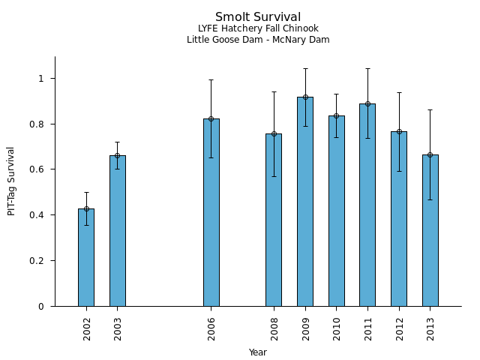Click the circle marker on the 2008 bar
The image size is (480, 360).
[274, 133]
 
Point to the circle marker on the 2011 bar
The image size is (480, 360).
[367, 103]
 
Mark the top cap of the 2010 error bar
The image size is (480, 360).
[336, 94]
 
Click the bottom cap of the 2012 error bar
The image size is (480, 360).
[399, 171]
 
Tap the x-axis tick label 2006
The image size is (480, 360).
[212, 328]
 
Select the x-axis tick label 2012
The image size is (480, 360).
[400, 328]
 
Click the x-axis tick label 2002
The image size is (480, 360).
[87, 328]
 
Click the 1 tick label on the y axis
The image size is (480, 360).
[42, 78]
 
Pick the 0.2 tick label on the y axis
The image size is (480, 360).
[37, 260]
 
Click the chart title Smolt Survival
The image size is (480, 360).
[258, 17]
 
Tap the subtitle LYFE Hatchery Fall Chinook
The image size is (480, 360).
[258, 28]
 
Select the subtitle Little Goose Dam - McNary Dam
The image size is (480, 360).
[258, 40]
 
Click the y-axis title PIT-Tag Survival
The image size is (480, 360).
[11, 181]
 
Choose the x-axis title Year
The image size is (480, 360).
[258, 352]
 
